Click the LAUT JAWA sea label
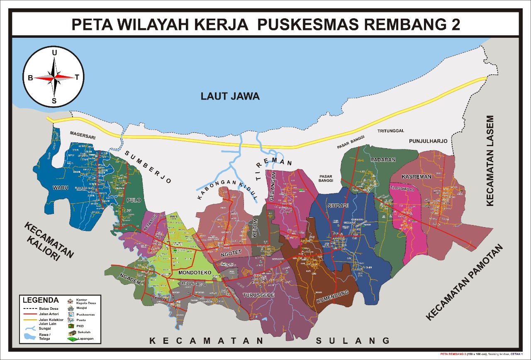click(x=230, y=96)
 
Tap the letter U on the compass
click(x=54, y=53)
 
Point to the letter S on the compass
click(x=54, y=101)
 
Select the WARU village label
click(x=60, y=187)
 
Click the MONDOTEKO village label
click(x=195, y=272)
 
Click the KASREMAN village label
click(x=417, y=176)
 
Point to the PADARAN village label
click(x=383, y=159)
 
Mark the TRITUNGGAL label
click(x=390, y=131)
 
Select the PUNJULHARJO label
click(x=428, y=141)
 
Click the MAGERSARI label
click(x=82, y=133)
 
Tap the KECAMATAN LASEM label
click(x=490, y=161)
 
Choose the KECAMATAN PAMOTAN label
click(x=464, y=283)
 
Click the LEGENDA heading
click(x=40, y=300)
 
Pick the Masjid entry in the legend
click(x=82, y=308)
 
